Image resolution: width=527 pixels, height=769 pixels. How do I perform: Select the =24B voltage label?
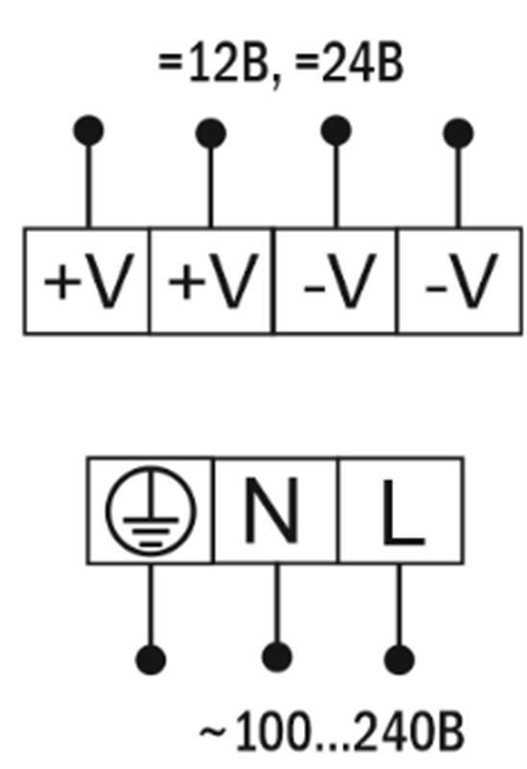point(349,63)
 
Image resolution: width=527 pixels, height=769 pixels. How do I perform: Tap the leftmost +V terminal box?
point(87,281)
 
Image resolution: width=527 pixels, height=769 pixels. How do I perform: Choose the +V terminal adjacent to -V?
point(212,281)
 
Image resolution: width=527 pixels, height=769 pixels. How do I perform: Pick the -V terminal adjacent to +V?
point(337,281)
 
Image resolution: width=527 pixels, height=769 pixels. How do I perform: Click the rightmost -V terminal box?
point(461,281)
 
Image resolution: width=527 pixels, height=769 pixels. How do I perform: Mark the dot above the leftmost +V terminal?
point(88,131)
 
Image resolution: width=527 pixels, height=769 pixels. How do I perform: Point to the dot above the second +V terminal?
point(211,133)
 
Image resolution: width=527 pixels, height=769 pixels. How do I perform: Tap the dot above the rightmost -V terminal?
point(459,133)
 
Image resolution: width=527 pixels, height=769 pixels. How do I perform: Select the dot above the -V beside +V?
point(337,131)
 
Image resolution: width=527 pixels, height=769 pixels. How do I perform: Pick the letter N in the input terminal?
point(271,510)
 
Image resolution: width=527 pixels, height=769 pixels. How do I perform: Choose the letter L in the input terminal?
point(403,512)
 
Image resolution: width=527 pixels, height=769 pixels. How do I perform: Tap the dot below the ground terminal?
point(151,659)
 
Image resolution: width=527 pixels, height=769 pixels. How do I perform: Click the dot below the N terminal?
point(277,657)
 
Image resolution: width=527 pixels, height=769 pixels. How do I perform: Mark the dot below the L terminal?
point(399,659)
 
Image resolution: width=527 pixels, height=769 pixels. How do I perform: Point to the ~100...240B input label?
point(331,732)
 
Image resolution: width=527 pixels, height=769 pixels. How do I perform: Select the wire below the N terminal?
point(277,604)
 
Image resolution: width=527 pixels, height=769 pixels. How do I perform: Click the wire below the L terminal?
point(399,605)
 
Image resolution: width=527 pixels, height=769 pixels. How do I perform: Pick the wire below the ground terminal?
point(151,605)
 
